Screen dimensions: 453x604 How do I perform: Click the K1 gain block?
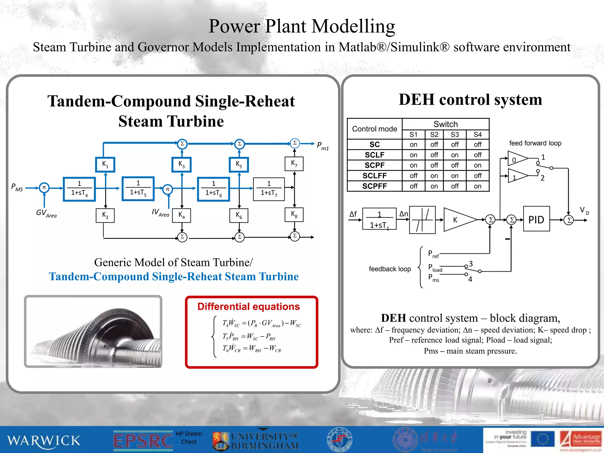[x=105, y=164]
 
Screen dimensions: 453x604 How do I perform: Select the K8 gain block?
[x=294, y=214]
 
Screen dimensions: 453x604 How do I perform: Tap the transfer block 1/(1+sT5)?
[x=138, y=188]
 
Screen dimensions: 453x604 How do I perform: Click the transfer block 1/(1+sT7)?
[x=269, y=189]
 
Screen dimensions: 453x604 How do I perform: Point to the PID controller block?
[x=536, y=219]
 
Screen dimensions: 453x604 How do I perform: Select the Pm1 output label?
[x=322, y=146]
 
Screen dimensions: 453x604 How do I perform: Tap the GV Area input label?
[x=46, y=213]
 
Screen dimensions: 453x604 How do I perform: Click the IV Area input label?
[x=160, y=213]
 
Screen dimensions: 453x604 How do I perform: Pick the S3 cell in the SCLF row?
[x=454, y=155]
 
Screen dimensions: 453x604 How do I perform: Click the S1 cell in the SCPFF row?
[x=413, y=186]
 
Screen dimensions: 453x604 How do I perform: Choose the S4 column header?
[x=477, y=134]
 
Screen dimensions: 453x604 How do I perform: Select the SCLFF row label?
[x=374, y=176]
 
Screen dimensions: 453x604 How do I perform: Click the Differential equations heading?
[x=248, y=307]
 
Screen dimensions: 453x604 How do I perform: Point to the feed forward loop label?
[x=535, y=143]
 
